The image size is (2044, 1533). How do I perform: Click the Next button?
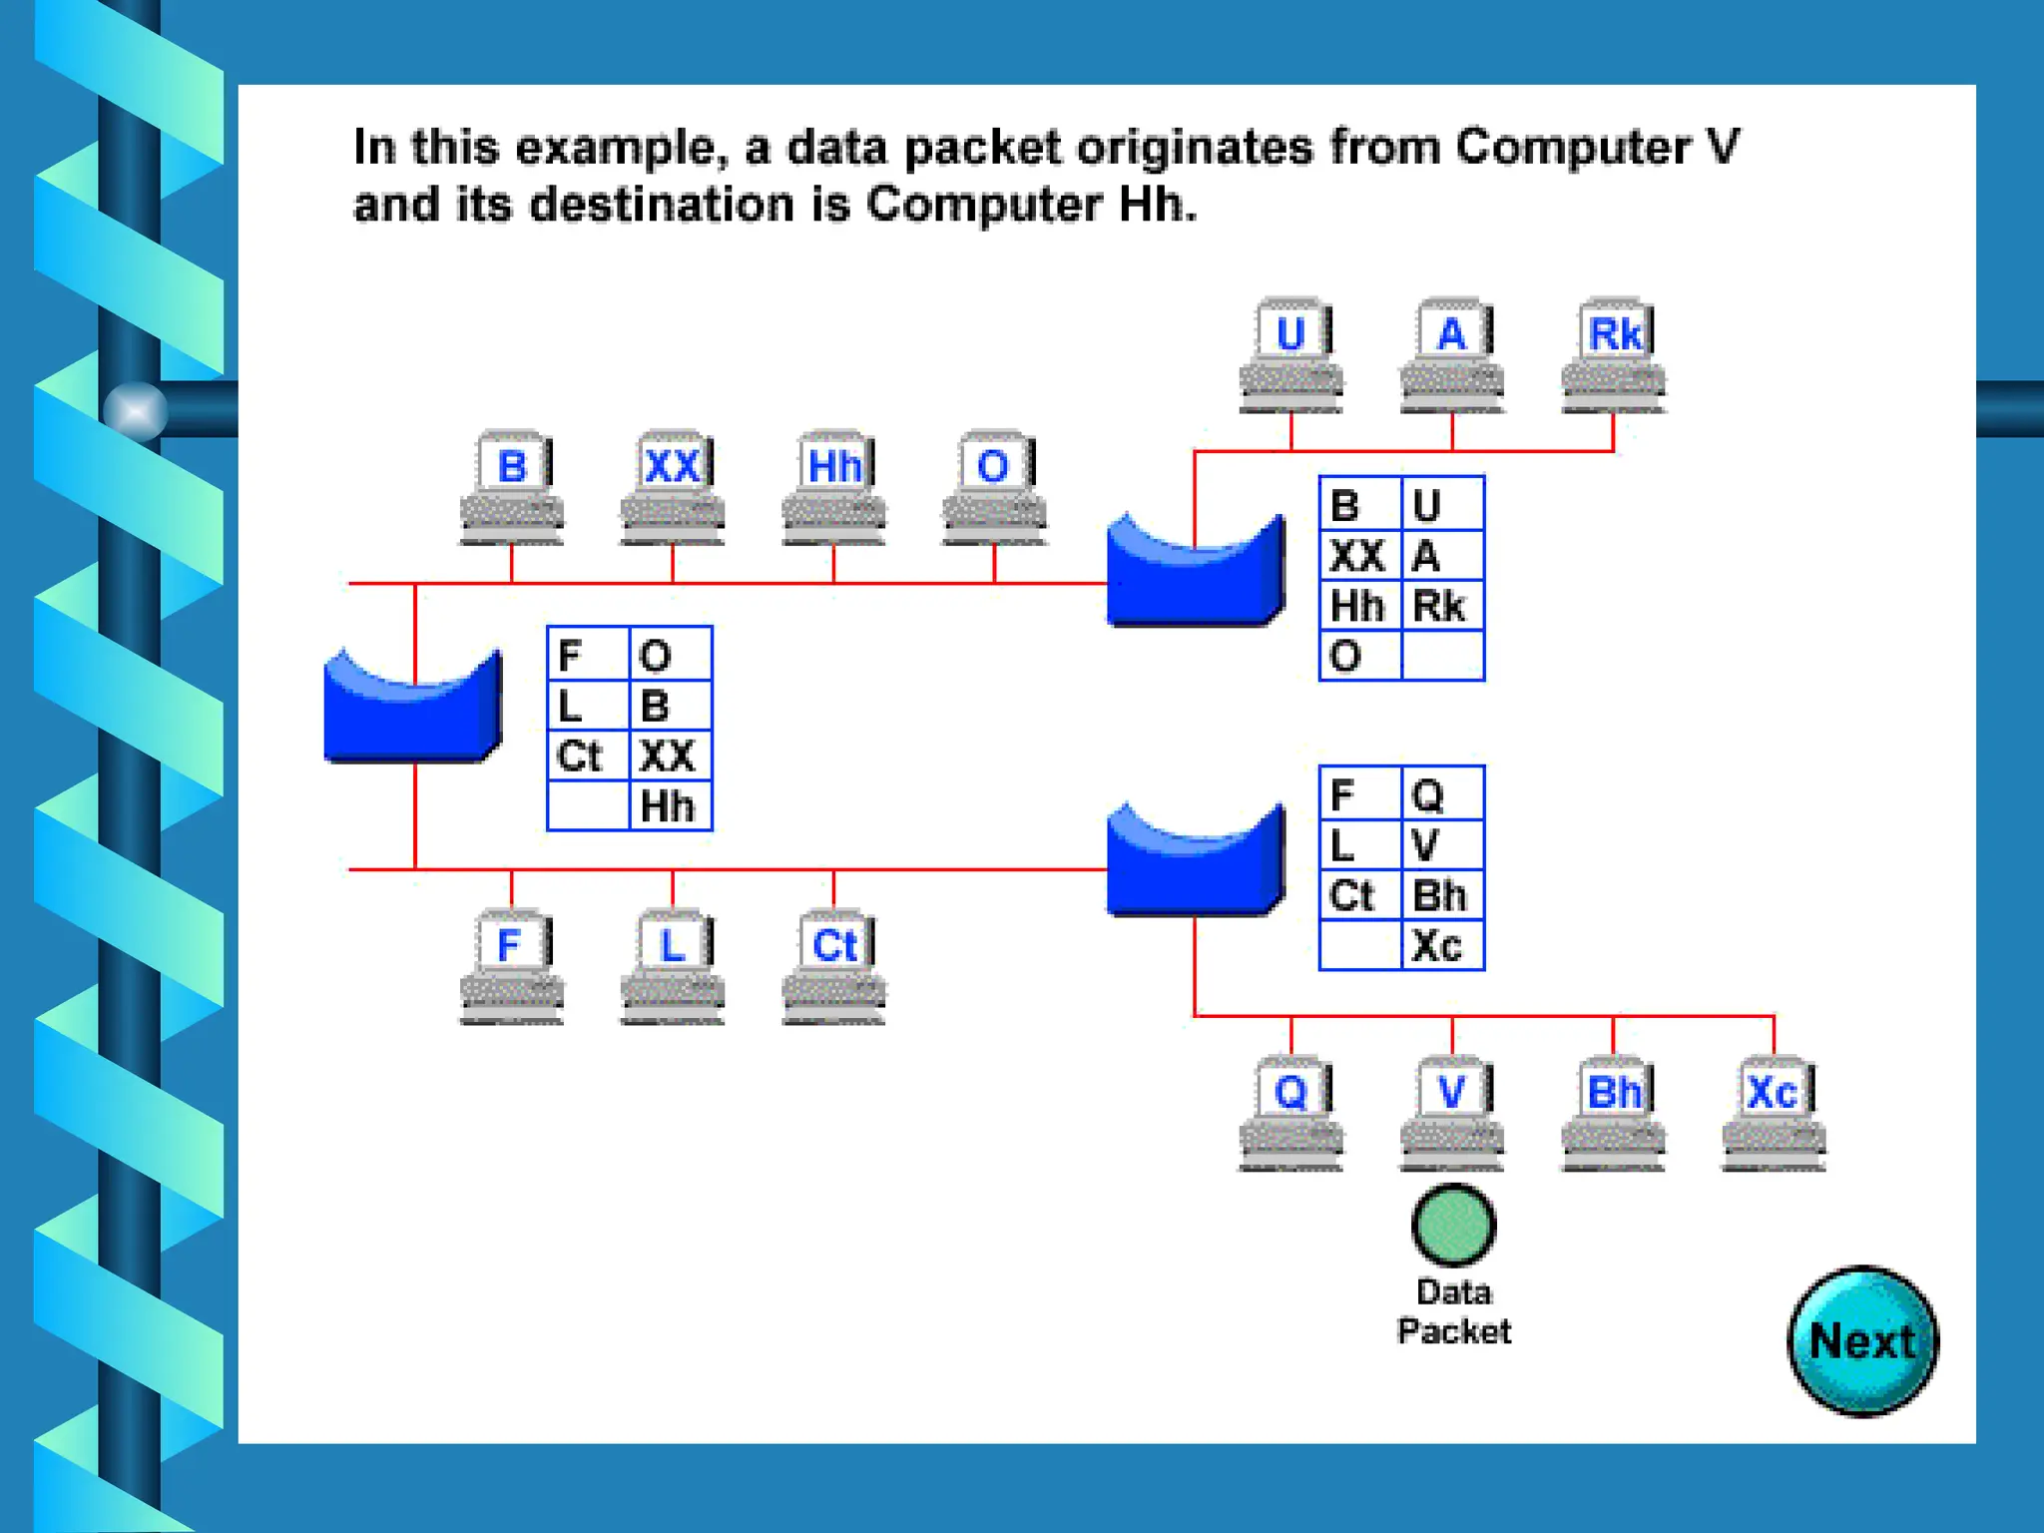[1862, 1340]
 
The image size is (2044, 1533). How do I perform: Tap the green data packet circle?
[1453, 1225]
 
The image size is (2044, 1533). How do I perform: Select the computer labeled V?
[1452, 1112]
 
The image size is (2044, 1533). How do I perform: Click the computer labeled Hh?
[834, 487]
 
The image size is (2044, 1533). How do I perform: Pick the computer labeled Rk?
[1614, 354]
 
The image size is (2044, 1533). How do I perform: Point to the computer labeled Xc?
[1774, 1112]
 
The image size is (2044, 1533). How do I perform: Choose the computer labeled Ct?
[834, 965]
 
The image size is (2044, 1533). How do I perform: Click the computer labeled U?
[1291, 354]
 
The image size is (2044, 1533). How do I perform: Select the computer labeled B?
[512, 487]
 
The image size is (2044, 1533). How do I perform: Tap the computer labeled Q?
[1291, 1112]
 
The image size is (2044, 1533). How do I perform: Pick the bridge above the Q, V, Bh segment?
[1195, 864]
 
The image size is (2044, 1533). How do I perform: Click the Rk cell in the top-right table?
[1441, 606]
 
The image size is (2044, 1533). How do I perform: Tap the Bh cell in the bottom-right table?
[1441, 895]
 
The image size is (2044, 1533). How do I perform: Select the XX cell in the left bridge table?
[669, 756]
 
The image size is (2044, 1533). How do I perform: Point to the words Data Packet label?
[1453, 1311]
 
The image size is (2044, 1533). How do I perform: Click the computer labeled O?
[995, 487]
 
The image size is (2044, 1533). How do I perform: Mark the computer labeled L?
[673, 965]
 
